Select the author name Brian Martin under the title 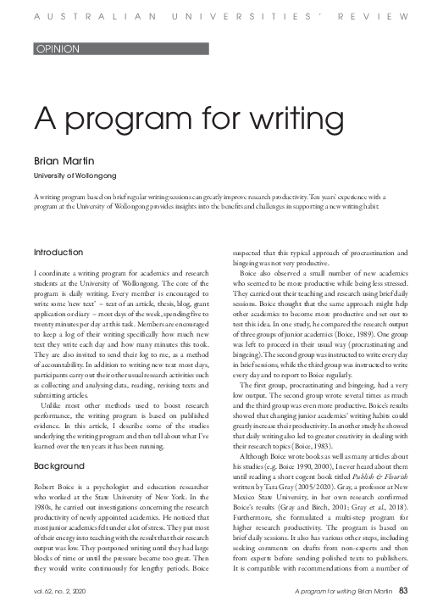58,159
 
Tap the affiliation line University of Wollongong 75,175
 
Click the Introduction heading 58,253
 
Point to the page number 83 404,591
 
